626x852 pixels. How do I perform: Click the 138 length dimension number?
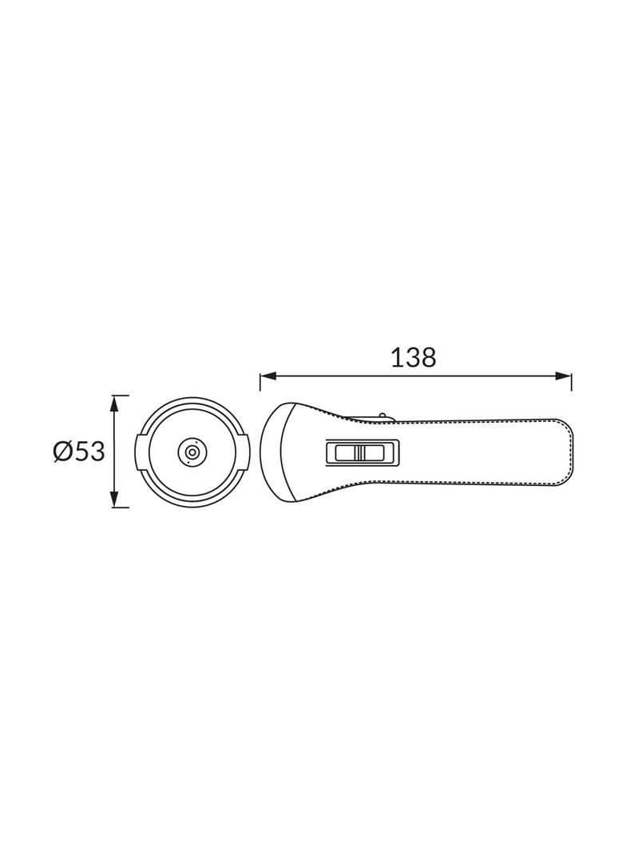(x=414, y=357)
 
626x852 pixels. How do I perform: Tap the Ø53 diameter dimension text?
(x=79, y=452)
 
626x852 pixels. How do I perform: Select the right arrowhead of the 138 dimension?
(x=565, y=376)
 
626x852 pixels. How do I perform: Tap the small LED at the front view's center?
(x=192, y=452)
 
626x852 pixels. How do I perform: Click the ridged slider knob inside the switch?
(x=360, y=453)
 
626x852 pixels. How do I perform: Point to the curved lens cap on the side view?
(x=273, y=452)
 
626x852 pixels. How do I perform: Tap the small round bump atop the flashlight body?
(x=383, y=416)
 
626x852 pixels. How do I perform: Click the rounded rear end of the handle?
(x=568, y=452)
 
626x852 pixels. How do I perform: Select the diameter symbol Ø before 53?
(x=63, y=452)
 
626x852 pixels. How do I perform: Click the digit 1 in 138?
(x=397, y=357)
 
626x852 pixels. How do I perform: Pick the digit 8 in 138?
(x=428, y=357)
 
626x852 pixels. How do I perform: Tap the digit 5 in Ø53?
(x=83, y=452)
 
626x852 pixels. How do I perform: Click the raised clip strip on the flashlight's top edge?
(x=363, y=416)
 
